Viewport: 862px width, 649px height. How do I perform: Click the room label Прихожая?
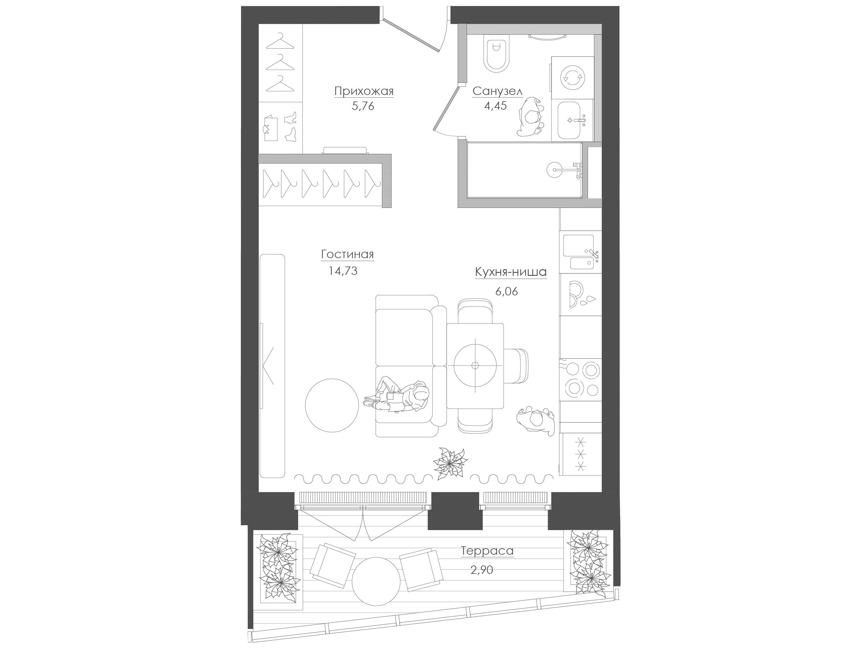pyautogui.click(x=364, y=91)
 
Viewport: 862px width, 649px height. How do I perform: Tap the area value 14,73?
pyautogui.click(x=343, y=271)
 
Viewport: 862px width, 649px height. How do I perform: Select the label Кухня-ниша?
pyautogui.click(x=510, y=272)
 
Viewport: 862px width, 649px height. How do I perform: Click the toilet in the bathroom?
pyautogui.click(x=496, y=54)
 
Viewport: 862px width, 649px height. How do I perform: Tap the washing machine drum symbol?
pyautogui.click(x=573, y=78)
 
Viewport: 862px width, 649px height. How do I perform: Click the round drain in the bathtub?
pyautogui.click(x=554, y=169)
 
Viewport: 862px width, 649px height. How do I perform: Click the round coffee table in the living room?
pyautogui.click(x=332, y=405)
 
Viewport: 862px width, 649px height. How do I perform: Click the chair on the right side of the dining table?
pyautogui.click(x=515, y=365)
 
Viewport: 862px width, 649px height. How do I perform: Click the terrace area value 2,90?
pyautogui.click(x=482, y=570)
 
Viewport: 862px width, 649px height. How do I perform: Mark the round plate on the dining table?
pyautogui.click(x=475, y=365)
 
